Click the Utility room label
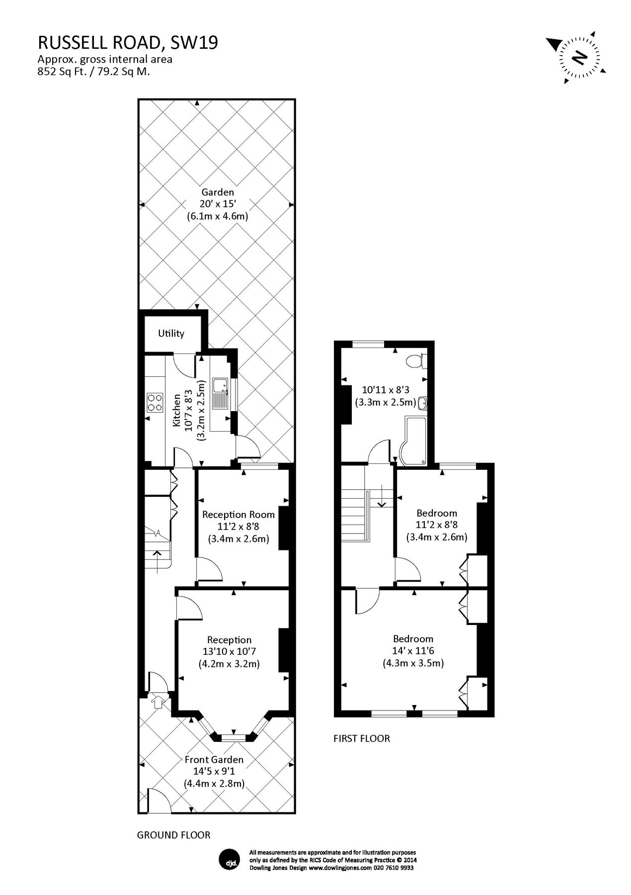point(171,334)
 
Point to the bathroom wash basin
point(422,403)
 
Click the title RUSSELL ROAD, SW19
point(128,43)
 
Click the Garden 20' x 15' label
point(217,204)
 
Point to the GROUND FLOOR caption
point(173,835)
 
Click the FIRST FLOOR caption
point(361,738)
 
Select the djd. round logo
point(230,859)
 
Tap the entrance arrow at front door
point(158,702)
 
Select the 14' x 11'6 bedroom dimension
point(413,650)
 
